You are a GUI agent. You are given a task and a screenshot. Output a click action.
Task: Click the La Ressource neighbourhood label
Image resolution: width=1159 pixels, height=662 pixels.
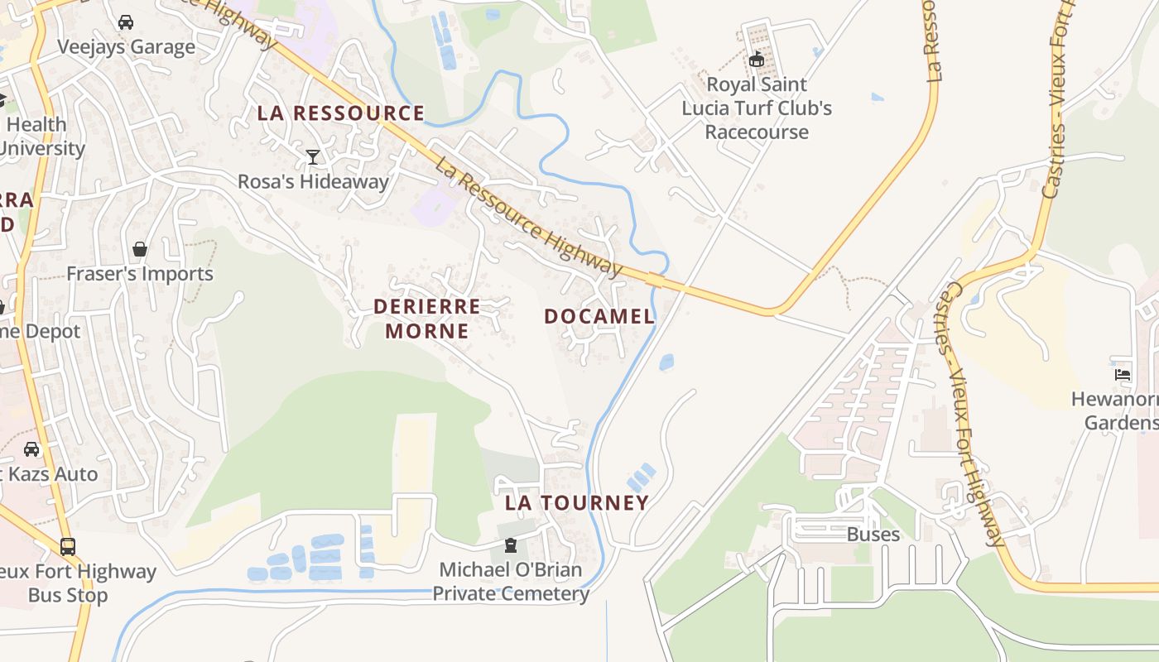click(341, 113)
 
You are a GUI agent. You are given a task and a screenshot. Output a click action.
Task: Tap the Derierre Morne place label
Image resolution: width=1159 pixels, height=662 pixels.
click(426, 319)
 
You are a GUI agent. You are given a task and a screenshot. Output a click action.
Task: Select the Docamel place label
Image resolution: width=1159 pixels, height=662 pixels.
click(599, 316)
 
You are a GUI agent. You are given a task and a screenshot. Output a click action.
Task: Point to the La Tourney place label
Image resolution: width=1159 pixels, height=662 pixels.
click(577, 502)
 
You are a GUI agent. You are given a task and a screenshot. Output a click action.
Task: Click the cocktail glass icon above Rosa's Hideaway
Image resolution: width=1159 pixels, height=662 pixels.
click(313, 156)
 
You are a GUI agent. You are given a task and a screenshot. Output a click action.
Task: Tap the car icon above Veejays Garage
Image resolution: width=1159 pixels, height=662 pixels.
click(126, 22)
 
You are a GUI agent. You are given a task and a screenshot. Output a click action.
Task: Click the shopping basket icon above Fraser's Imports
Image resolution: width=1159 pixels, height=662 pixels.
click(140, 249)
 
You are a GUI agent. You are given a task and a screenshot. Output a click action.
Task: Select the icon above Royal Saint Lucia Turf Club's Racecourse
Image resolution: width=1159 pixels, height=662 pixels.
click(756, 60)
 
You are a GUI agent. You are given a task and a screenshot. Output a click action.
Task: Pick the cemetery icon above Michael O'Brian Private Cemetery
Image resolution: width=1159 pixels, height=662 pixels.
click(511, 545)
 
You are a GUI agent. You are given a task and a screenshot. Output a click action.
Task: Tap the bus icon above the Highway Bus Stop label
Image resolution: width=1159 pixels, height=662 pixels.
click(68, 547)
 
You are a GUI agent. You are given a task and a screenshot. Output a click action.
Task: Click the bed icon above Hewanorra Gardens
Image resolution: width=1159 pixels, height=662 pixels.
click(1123, 374)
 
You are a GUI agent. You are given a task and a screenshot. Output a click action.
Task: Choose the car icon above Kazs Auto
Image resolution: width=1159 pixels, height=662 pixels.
click(31, 449)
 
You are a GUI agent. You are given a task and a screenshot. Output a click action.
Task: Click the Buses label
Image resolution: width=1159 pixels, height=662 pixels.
click(873, 534)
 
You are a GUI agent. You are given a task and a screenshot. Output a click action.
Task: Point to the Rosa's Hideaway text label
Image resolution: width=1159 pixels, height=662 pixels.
click(313, 181)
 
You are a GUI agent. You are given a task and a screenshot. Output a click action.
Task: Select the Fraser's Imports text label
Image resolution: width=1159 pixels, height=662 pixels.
click(140, 274)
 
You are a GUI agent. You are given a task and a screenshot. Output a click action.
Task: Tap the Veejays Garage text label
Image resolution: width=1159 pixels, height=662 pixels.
click(126, 46)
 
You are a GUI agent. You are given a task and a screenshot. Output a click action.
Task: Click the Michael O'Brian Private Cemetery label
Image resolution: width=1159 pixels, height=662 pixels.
click(511, 582)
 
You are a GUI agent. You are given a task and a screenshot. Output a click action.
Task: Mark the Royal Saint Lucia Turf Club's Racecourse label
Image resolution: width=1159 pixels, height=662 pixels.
click(757, 108)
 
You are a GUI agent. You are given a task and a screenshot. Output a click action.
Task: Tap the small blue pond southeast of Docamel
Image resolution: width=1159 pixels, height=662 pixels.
click(666, 362)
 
